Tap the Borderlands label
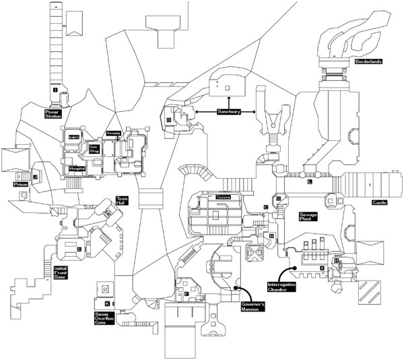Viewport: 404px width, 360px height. coord(368,61)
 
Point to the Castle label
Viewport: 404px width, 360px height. coord(380,203)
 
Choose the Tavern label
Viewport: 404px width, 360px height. coord(223,197)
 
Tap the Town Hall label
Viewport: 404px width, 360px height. coord(122,201)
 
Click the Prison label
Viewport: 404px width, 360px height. coord(20,183)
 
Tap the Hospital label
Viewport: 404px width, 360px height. coord(76,169)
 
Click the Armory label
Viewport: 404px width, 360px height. coord(113,133)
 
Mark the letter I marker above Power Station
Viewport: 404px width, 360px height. coord(54,89)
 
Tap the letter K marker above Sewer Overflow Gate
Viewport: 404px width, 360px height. coord(106,304)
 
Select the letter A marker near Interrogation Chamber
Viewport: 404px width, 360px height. coord(322,268)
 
